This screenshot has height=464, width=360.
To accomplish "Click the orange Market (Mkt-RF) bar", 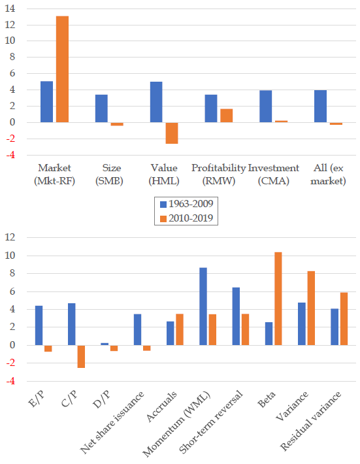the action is (x=62, y=69).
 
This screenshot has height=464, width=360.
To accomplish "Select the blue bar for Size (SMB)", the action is (x=101, y=108).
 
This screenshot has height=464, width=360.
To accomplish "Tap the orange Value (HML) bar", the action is (x=172, y=133).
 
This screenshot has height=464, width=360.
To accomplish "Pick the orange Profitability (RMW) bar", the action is (x=226, y=116).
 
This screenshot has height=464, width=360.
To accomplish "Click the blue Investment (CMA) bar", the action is (x=266, y=107).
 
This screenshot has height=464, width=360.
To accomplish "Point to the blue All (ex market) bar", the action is (x=320, y=107).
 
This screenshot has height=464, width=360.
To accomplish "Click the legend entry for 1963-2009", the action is (x=186, y=204).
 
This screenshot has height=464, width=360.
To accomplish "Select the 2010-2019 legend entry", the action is (x=186, y=218).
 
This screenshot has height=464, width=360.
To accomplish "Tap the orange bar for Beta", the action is (x=278, y=299).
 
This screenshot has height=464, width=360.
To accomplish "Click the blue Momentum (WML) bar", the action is (x=203, y=307).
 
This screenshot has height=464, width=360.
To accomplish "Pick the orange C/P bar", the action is (x=82, y=356).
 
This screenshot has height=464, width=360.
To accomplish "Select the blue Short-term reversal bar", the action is (x=236, y=316).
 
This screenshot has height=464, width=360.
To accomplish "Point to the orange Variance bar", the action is (x=311, y=308).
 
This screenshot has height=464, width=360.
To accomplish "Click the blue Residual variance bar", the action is (x=335, y=327).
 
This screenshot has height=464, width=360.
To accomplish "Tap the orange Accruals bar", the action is (x=180, y=329).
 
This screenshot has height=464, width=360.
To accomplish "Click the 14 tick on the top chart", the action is (x=10, y=8).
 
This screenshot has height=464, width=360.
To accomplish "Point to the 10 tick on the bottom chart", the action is (x=10, y=256).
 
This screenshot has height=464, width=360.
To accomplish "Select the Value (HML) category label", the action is (x=164, y=174).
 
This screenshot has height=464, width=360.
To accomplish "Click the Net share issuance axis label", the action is (x=112, y=422).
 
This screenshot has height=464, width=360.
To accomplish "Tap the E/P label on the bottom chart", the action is (x=37, y=398).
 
